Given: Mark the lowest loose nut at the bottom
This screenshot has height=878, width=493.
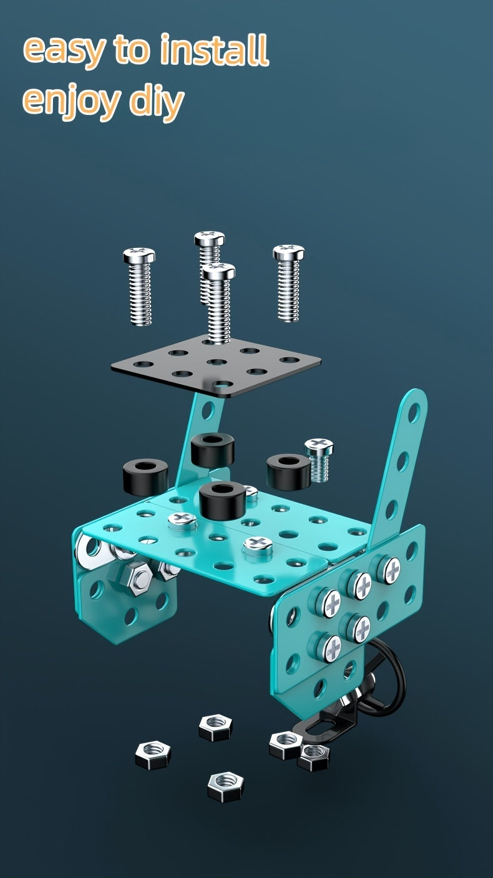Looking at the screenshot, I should click(225, 786).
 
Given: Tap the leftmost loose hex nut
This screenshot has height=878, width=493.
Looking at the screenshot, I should click(153, 754).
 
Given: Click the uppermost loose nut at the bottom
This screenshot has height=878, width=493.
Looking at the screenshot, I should click(215, 726).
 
